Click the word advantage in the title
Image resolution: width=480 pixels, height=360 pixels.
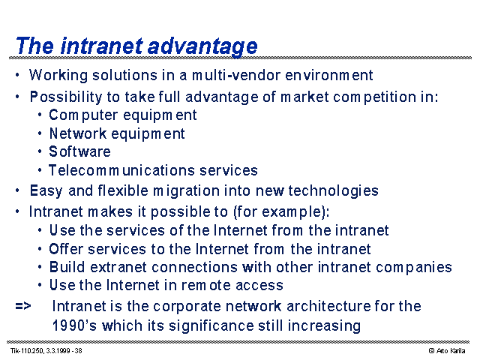202,46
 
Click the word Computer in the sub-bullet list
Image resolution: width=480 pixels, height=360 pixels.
83,115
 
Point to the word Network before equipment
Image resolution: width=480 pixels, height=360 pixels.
78,133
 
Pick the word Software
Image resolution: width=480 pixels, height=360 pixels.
80,151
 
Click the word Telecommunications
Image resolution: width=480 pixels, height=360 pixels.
121,170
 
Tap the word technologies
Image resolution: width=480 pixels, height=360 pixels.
333,191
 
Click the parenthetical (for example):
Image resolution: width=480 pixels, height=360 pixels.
281,211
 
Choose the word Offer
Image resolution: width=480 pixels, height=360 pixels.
66,249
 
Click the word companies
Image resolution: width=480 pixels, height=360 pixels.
414,268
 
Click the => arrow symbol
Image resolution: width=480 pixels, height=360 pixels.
23,306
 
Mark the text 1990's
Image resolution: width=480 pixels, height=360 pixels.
74,325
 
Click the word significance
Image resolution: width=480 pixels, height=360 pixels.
211,326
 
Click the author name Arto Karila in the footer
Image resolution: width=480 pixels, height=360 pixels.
451,351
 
